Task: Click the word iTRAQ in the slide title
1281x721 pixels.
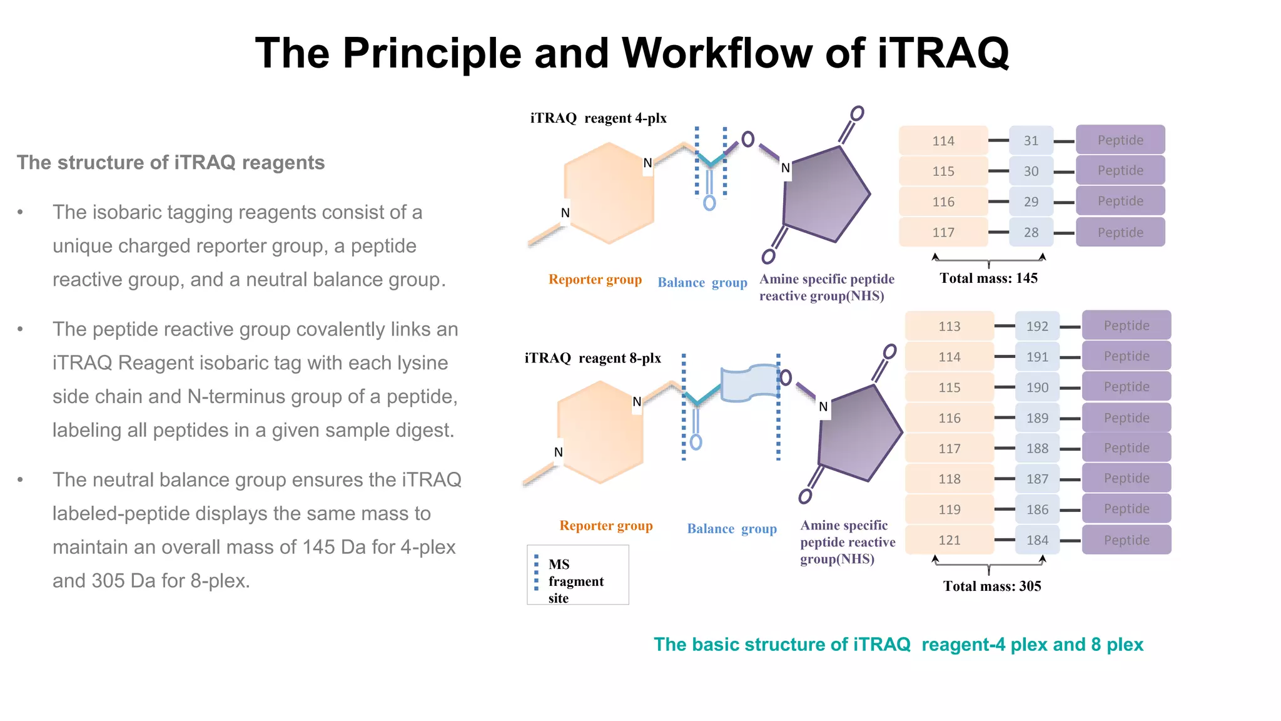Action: [x=943, y=53]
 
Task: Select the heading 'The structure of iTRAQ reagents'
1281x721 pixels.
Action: [x=171, y=163]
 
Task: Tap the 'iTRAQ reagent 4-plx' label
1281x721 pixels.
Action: [x=599, y=118]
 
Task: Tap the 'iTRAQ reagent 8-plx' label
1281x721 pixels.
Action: [x=592, y=358]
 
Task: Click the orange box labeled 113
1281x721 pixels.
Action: [x=949, y=326]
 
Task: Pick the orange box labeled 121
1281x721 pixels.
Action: [x=949, y=540]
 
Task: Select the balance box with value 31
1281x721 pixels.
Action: [x=1031, y=141]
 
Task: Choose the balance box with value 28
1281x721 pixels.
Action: [x=1031, y=232]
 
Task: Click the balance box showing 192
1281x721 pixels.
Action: [x=1037, y=326]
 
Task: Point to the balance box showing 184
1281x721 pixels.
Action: [x=1037, y=540]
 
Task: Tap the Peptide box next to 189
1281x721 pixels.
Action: [x=1126, y=417]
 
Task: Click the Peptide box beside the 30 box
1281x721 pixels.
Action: [x=1120, y=170]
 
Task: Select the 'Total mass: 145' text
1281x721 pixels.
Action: [x=988, y=278]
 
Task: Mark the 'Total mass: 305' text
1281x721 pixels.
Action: [x=992, y=586]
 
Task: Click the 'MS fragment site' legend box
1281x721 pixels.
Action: [x=577, y=575]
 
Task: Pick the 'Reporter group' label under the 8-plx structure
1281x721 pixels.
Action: [x=605, y=526]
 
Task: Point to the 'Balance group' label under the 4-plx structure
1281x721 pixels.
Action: [x=702, y=282]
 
